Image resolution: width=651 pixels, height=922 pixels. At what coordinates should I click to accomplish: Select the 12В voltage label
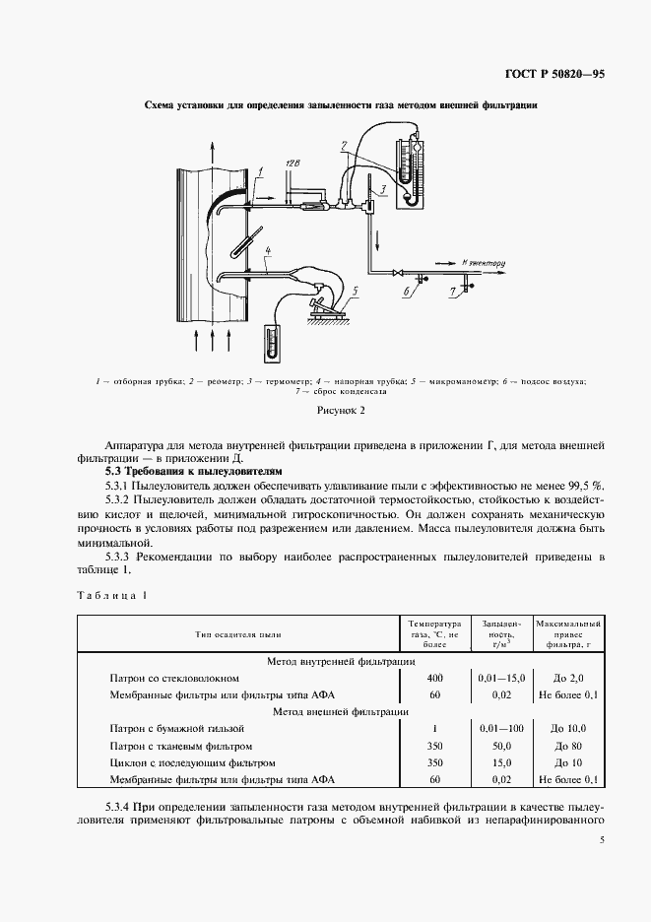coord(292,161)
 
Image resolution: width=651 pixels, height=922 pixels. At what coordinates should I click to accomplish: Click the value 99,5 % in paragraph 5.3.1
coord(585,487)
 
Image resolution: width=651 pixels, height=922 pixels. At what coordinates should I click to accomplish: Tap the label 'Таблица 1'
coord(110,595)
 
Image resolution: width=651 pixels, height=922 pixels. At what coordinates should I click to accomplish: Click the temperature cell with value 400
coord(434,679)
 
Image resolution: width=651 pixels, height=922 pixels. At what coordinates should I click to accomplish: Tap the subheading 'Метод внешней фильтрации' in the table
coord(340,710)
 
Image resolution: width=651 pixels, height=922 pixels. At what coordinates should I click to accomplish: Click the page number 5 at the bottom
coord(601,840)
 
